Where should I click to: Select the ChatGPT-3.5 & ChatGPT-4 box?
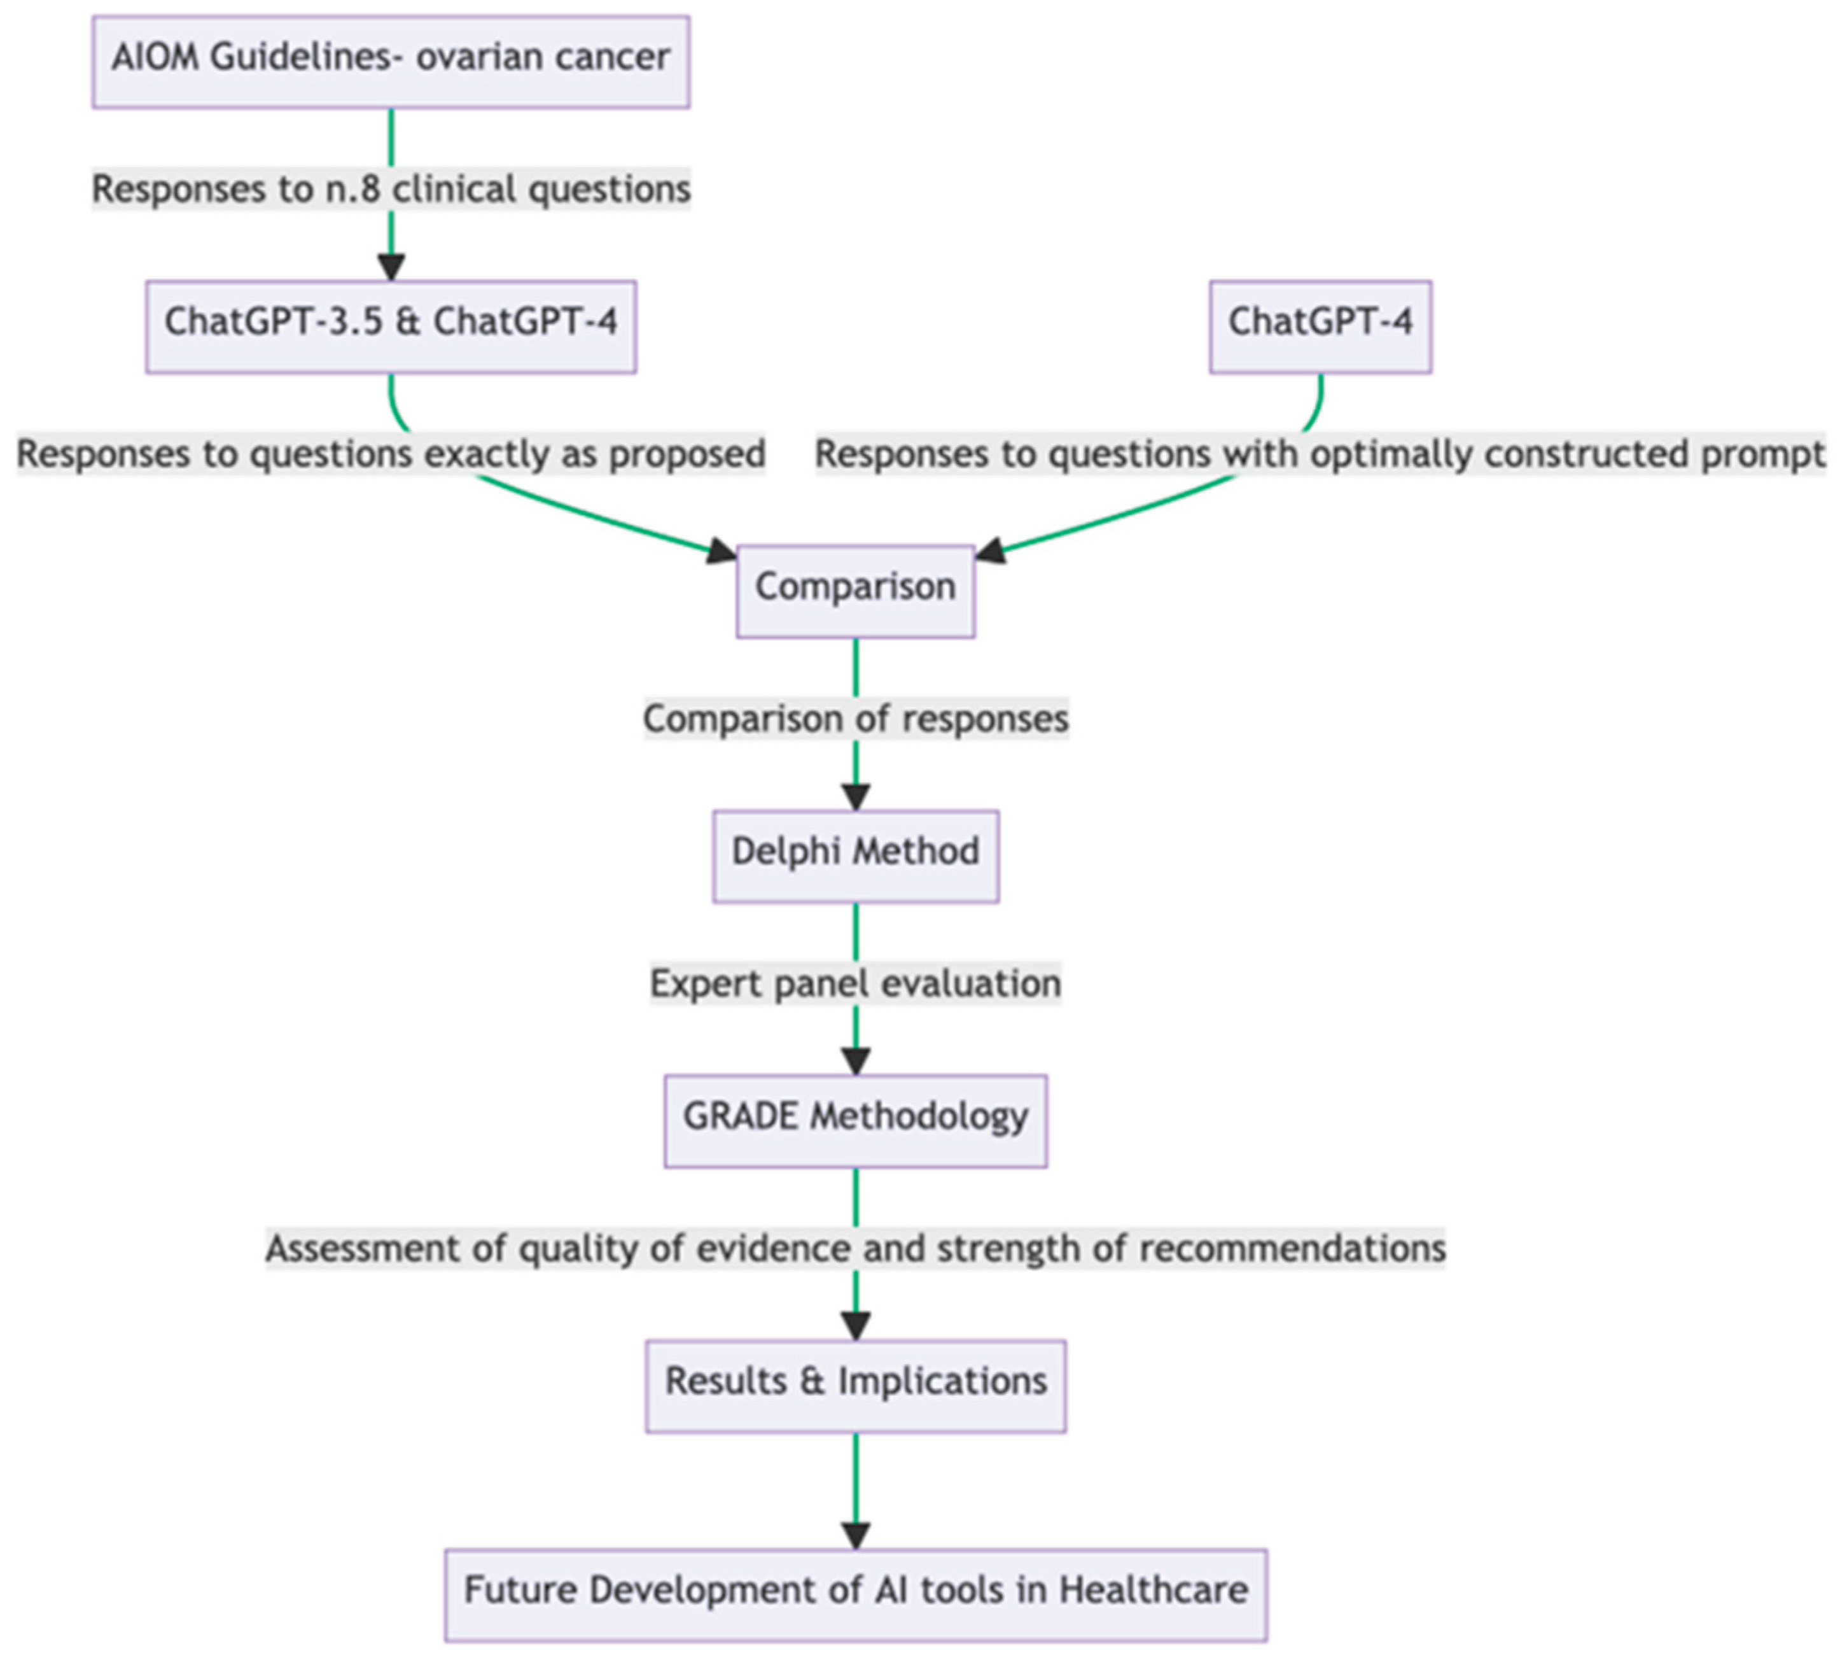click(x=390, y=326)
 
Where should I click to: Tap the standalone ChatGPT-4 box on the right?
click(x=1320, y=326)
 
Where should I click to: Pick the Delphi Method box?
click(x=854, y=855)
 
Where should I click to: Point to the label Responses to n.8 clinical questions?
click(x=390, y=189)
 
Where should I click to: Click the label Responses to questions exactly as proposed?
click(x=390, y=453)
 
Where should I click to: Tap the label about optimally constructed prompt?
click(x=1320, y=453)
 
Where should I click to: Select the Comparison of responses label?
click(x=854, y=718)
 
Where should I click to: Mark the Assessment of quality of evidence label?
click(x=854, y=1247)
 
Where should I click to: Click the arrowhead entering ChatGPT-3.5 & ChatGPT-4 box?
click(x=390, y=267)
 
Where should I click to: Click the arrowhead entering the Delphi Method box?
click(x=854, y=796)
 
